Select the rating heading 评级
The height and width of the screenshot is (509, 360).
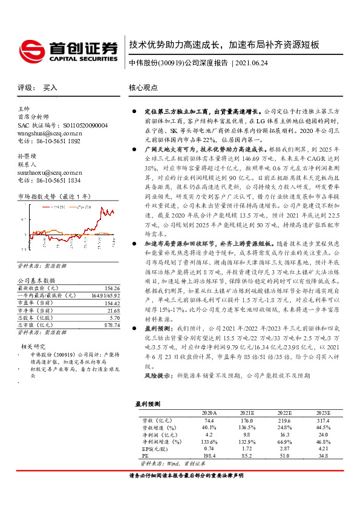(25, 87)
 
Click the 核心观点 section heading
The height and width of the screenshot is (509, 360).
(143, 87)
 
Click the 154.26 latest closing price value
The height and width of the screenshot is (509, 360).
(113, 289)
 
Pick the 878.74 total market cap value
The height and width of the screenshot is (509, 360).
(113, 325)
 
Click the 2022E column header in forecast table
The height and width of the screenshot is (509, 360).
(269, 411)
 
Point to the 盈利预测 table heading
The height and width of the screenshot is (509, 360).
(148, 402)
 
